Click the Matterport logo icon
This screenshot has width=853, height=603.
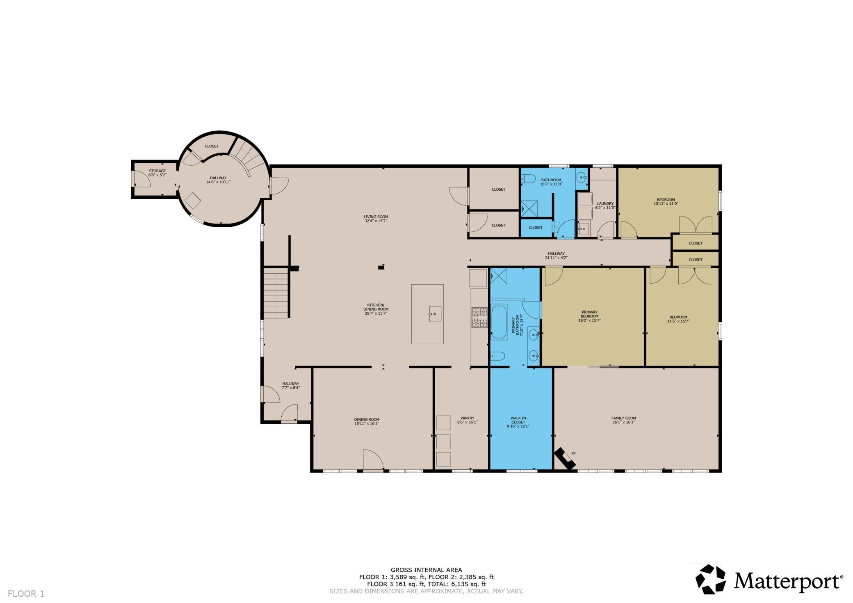(x=711, y=579)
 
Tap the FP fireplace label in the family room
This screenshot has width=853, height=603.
(x=573, y=453)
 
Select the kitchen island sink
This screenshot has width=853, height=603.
(x=435, y=314)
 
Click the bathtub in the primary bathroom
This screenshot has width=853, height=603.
(x=499, y=322)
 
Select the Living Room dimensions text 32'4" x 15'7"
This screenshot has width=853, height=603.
(x=376, y=221)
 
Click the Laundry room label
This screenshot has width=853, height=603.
(x=605, y=203)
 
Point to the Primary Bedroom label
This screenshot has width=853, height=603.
(x=590, y=314)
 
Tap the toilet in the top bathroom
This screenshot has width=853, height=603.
(x=528, y=178)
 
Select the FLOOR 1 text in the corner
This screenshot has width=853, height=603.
(x=26, y=593)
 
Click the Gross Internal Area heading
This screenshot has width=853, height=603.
(x=426, y=570)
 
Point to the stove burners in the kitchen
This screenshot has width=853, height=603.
(x=479, y=317)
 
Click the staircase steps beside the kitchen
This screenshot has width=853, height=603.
(x=276, y=292)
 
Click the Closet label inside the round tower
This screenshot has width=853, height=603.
(x=212, y=146)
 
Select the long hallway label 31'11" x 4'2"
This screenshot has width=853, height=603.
(x=556, y=256)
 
